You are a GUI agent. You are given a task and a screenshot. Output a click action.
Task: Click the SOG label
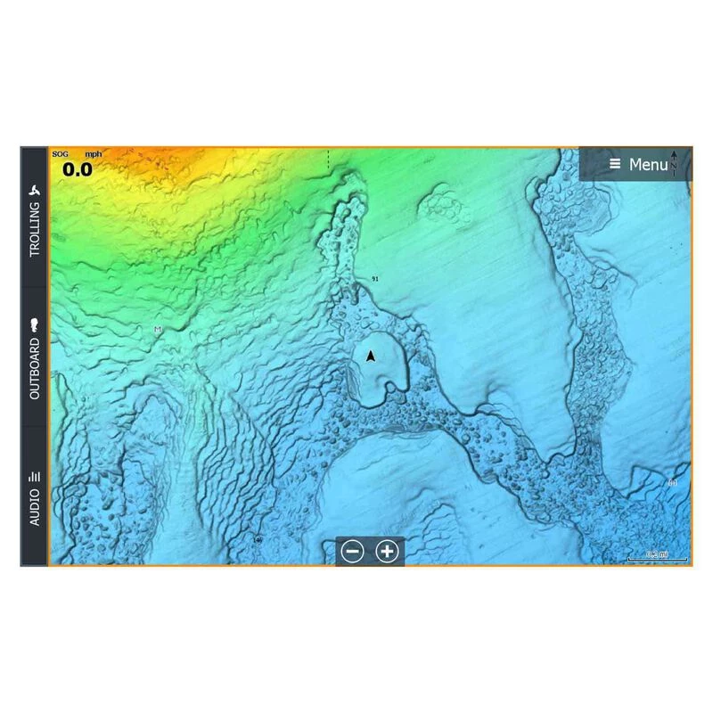tap(60, 154)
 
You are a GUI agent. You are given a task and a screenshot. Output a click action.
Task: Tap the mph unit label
tap(93, 154)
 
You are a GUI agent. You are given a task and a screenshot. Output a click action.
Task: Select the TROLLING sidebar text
tap(35, 229)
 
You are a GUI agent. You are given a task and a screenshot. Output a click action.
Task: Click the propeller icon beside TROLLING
tap(35, 191)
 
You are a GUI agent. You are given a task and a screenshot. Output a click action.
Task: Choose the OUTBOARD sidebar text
tap(35, 368)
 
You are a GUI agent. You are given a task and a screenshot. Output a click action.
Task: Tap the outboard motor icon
tap(35, 324)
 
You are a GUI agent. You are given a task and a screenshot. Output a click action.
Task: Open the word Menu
tap(648, 165)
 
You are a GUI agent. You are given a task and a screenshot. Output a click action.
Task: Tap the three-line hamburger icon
tap(615, 165)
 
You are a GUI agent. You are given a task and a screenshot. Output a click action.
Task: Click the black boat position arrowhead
tap(371, 356)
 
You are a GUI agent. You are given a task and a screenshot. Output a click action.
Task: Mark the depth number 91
tap(375, 279)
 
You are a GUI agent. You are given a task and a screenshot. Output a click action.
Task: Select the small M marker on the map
tap(158, 330)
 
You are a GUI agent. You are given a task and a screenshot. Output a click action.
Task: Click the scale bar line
tap(657, 560)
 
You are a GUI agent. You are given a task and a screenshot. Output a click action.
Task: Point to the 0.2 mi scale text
tap(657, 554)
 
